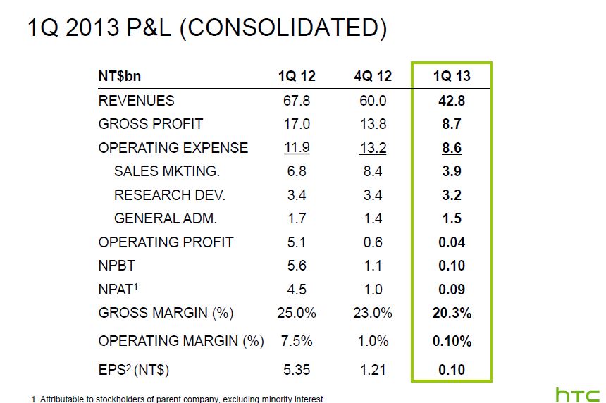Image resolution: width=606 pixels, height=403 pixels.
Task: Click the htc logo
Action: click(x=577, y=394)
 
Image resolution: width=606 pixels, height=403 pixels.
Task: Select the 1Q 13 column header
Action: click(x=452, y=76)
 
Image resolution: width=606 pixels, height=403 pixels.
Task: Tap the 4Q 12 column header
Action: click(x=372, y=76)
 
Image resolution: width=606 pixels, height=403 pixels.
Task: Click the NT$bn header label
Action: click(x=125, y=76)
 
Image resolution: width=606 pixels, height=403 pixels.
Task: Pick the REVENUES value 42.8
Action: click(x=452, y=101)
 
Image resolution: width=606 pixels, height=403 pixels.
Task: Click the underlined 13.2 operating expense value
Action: click(x=372, y=148)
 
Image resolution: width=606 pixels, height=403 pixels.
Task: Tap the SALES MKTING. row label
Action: click(x=167, y=171)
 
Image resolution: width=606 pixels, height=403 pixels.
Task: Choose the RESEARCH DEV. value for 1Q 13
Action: click(x=452, y=195)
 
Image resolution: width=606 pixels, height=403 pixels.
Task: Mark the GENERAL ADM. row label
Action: click(x=166, y=218)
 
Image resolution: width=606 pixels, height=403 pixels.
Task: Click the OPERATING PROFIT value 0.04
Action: click(x=452, y=242)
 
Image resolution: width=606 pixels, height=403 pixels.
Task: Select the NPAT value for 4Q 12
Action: click(x=372, y=290)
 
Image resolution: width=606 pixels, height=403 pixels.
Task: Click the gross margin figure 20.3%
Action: click(x=452, y=313)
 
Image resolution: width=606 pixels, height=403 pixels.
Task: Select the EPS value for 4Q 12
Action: click(x=372, y=369)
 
